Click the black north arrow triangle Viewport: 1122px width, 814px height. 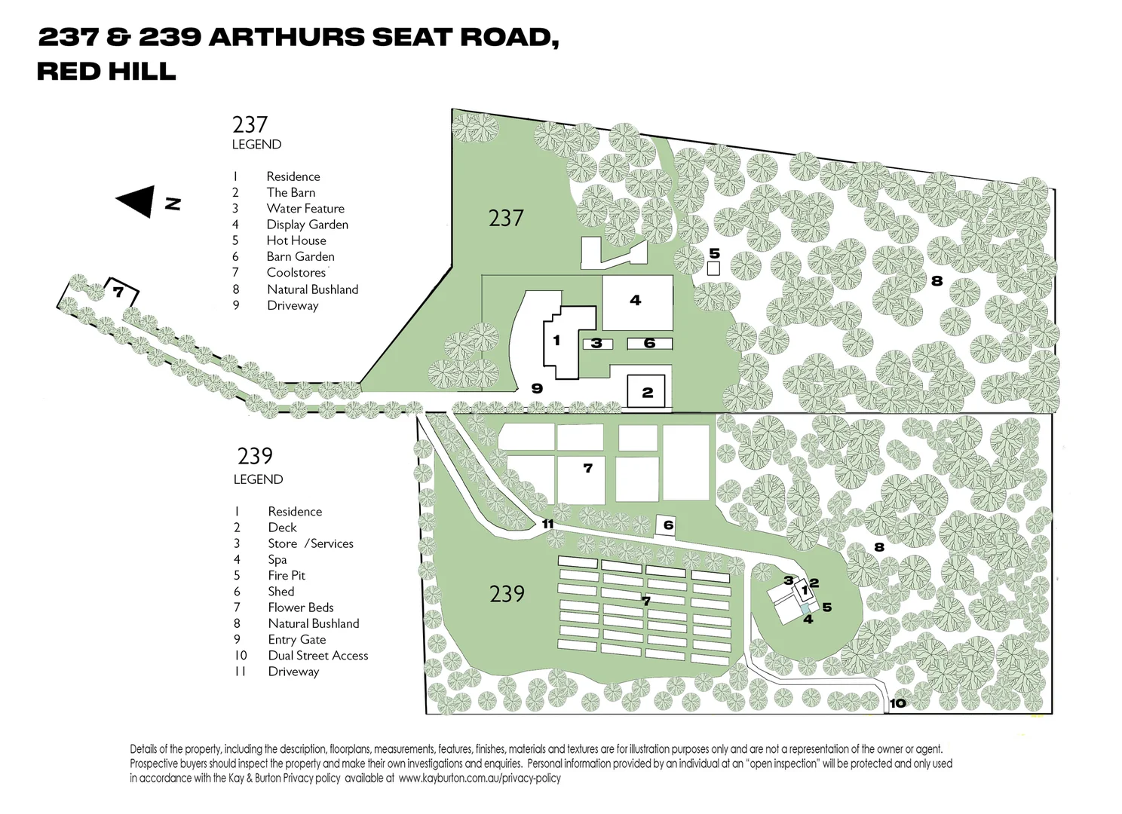136,201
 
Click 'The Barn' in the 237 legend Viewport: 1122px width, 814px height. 290,192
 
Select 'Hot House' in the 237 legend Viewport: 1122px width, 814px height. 296,240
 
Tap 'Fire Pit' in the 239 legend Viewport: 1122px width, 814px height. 287,575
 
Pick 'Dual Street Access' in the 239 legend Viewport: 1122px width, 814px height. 317,655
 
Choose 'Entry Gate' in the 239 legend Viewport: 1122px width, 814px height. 296,639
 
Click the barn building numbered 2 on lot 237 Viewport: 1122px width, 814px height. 646,391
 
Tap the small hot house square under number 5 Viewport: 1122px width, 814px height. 713,268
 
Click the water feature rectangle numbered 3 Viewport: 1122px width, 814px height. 596,344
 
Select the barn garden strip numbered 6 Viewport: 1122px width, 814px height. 649,344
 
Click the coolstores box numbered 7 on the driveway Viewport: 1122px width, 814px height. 119,292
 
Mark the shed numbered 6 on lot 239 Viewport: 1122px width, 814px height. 667,525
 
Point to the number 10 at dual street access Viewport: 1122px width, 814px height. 897,704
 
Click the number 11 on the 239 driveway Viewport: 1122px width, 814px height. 547,524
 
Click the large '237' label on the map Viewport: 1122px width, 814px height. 506,218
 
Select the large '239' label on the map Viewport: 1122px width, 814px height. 507,594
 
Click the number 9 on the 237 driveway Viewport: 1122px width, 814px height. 537,389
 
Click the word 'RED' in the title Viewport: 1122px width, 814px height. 68,71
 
